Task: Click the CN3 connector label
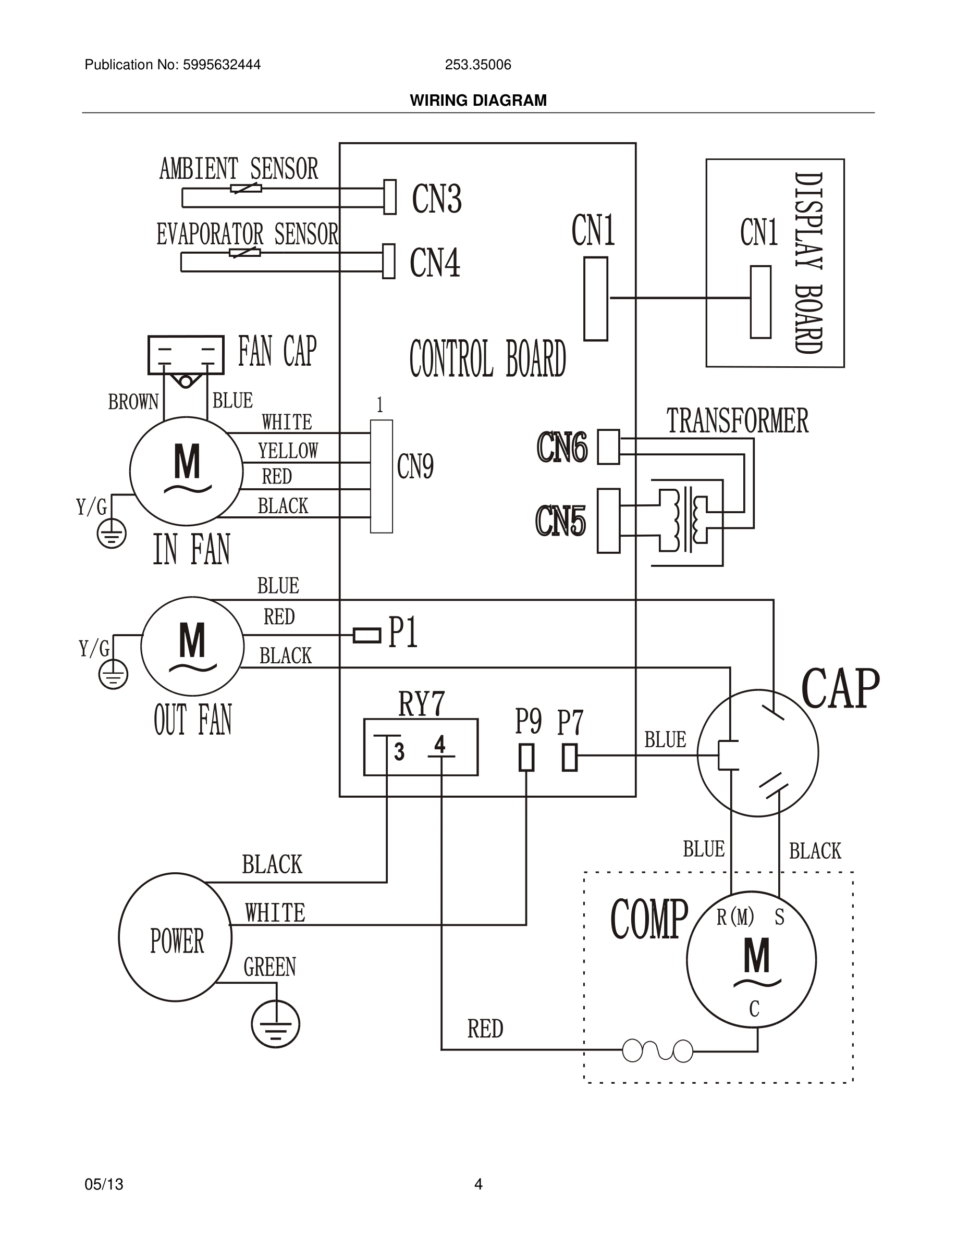coord(437,200)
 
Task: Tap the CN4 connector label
coord(435,263)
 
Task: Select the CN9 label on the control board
coord(415,467)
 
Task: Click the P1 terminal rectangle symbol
coord(367,635)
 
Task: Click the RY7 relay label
coord(421,704)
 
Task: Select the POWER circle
coord(175,937)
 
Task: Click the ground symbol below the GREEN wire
coord(276,1024)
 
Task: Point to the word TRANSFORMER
coord(737,421)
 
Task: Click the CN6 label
coord(562,447)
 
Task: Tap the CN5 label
coord(560,522)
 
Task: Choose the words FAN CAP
coord(277,352)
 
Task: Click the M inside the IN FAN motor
coord(187,462)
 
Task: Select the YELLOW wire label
coord(288,451)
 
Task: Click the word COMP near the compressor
coord(648,920)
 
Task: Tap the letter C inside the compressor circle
coord(754,1009)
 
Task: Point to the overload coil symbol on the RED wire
coord(658,1050)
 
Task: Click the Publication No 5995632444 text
coord(173,65)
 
